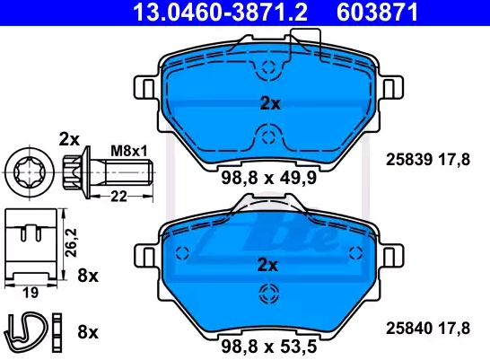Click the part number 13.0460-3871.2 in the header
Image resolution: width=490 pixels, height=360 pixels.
click(x=220, y=12)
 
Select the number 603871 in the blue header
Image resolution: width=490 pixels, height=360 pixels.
click(x=377, y=12)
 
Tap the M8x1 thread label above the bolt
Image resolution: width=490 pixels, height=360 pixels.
click(x=129, y=152)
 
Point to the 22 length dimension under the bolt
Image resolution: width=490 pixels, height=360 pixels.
click(x=118, y=197)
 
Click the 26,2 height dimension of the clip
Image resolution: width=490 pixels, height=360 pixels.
click(x=71, y=242)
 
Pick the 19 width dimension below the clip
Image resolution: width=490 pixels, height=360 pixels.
click(x=31, y=293)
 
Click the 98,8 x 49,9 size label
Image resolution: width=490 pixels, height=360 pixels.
click(x=268, y=178)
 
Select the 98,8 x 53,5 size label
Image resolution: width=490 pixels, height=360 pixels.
click(x=268, y=347)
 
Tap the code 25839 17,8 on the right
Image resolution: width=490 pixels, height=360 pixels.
click(x=428, y=160)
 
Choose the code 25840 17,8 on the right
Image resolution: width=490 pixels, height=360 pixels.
click(x=428, y=328)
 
